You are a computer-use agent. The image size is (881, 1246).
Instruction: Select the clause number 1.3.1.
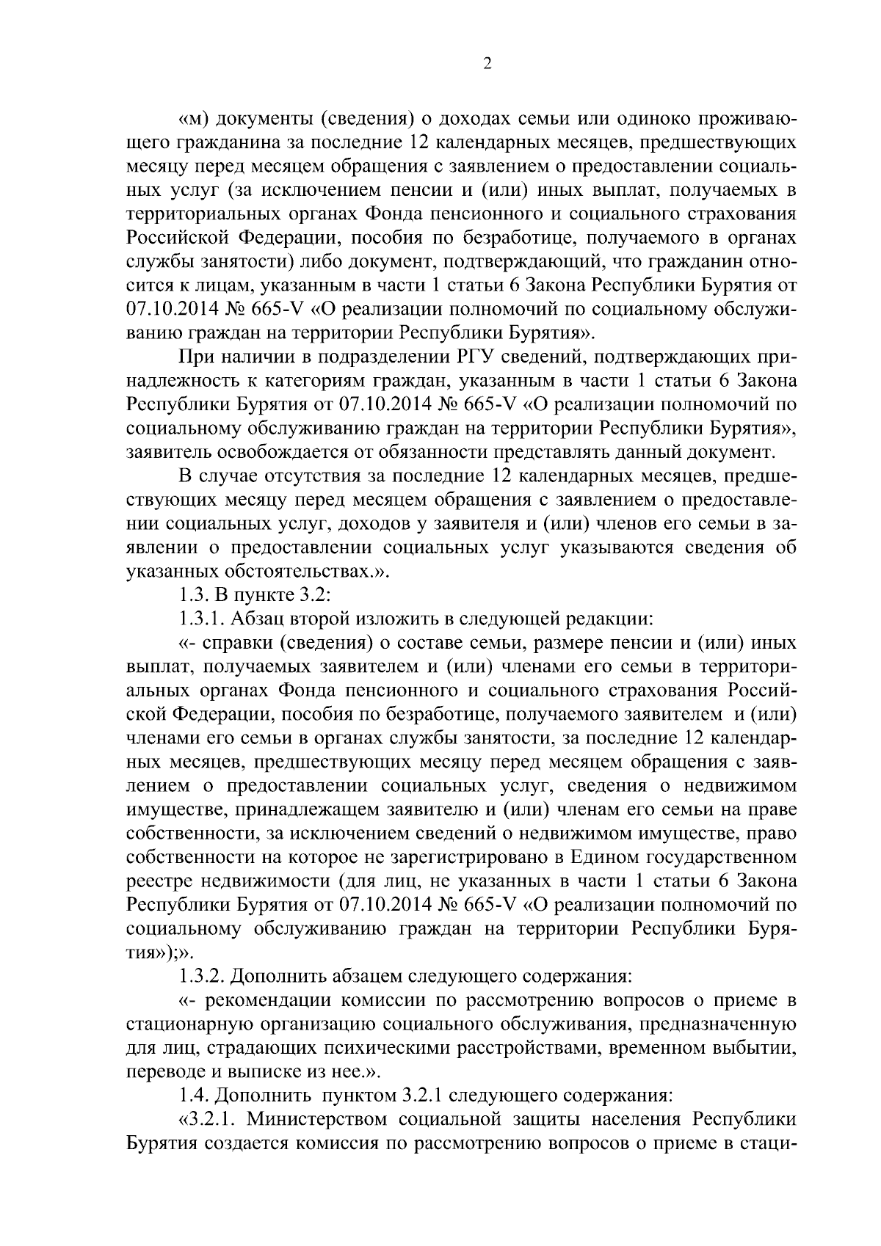(200, 619)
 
